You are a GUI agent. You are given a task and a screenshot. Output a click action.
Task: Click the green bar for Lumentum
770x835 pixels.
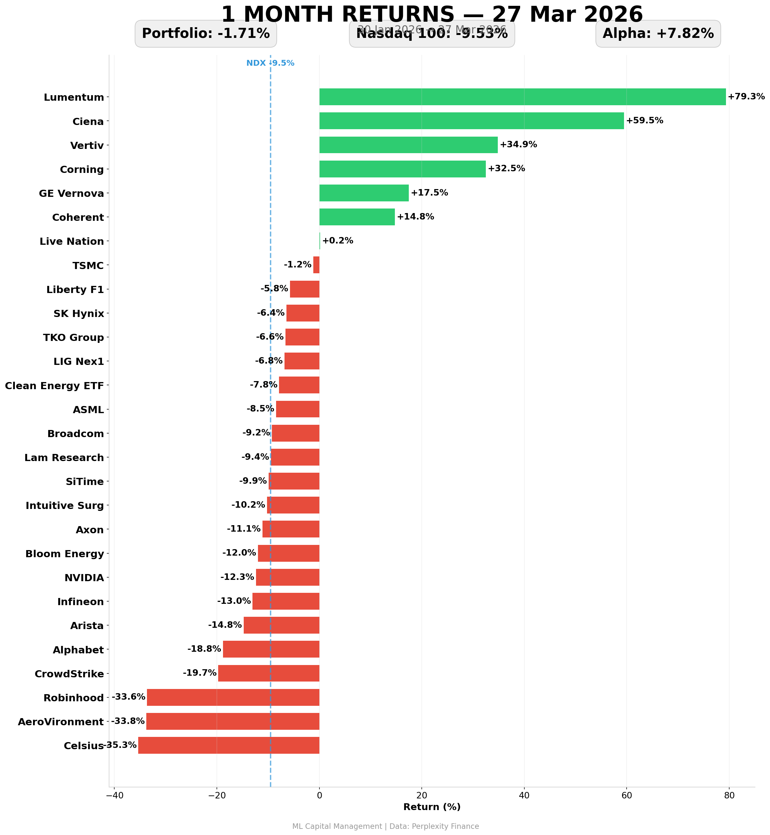[x=522, y=97]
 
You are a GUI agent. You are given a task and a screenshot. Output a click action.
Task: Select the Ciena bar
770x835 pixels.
[x=471, y=121]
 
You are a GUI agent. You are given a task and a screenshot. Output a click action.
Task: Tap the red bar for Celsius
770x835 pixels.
[x=229, y=745]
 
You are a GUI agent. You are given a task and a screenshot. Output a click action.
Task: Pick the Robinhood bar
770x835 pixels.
[x=233, y=697]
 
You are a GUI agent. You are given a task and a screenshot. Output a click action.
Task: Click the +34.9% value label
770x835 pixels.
[x=518, y=145]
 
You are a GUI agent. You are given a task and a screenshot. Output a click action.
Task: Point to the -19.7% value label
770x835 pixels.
[x=200, y=673]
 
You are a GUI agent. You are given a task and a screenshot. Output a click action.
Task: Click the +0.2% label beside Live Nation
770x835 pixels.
[x=338, y=241]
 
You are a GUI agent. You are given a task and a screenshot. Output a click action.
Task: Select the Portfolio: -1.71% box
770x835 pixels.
[x=206, y=34]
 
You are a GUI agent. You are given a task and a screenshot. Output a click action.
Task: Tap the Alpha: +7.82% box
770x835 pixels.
[x=658, y=34]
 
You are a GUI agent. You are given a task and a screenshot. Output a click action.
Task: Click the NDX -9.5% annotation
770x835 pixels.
[x=270, y=63]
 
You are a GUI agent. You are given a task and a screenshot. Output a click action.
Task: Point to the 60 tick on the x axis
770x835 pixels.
[x=627, y=796]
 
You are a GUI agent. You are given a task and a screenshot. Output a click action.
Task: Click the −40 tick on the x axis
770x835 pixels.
[x=114, y=796]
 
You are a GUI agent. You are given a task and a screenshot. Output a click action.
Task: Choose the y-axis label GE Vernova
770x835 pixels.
[x=71, y=193]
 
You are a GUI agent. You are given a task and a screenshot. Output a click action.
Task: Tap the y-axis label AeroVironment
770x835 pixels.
[x=61, y=722]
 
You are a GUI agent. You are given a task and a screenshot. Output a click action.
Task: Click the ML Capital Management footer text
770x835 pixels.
[x=385, y=826]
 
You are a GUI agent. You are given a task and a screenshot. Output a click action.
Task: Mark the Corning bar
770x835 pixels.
[x=402, y=169]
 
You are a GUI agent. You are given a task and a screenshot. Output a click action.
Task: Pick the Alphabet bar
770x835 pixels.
[x=271, y=649]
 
